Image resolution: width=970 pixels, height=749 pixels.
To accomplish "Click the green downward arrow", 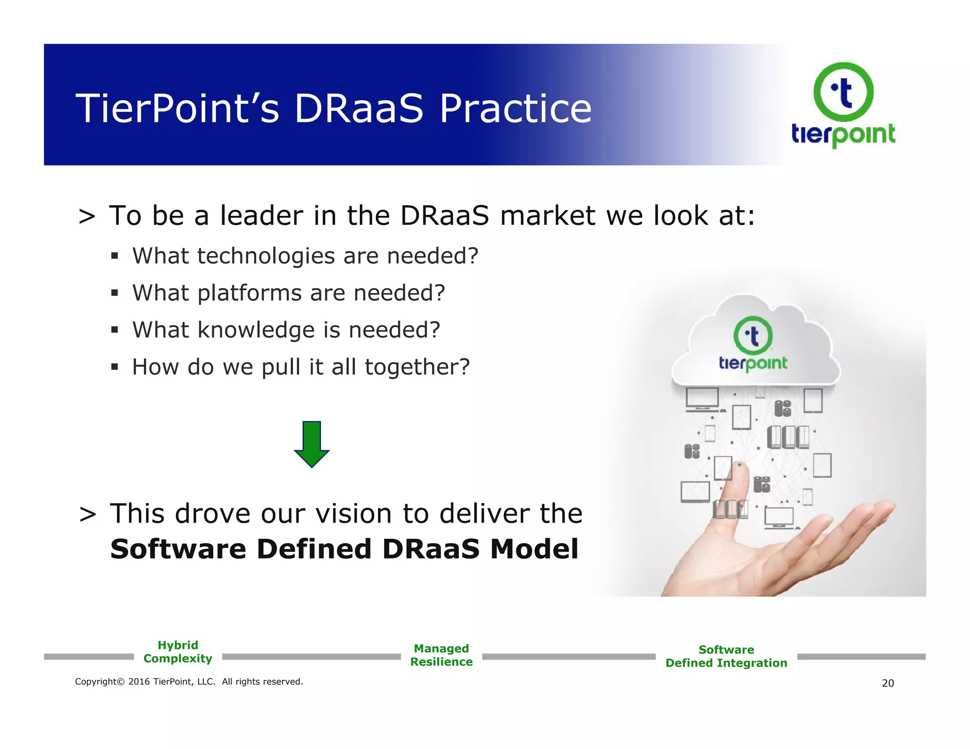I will click(x=312, y=444).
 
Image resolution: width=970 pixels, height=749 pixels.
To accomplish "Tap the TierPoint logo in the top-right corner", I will click(x=843, y=104).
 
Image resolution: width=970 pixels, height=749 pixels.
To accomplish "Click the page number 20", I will click(x=888, y=683).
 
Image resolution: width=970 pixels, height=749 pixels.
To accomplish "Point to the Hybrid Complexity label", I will click(x=178, y=652).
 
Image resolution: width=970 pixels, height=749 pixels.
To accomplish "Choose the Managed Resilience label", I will click(x=441, y=655).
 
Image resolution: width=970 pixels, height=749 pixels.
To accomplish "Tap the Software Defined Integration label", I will click(x=726, y=656).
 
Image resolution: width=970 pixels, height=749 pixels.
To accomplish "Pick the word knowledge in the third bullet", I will click(x=256, y=330).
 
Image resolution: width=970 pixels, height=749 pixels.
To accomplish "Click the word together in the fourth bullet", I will click(x=416, y=367).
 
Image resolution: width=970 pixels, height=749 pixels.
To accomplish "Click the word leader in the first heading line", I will click(x=261, y=216).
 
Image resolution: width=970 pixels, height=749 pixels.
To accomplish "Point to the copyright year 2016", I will click(x=139, y=682).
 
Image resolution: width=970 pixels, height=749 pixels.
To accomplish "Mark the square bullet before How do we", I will click(x=114, y=366).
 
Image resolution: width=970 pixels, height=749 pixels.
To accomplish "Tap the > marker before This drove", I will click(x=88, y=514).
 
